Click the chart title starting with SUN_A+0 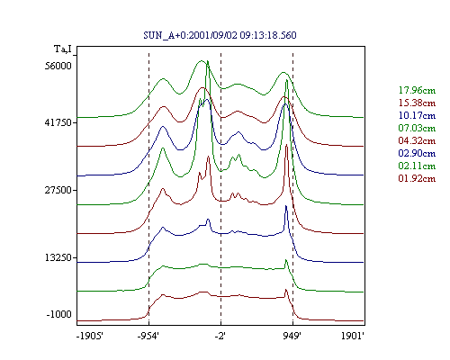click(220, 35)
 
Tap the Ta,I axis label click(63, 49)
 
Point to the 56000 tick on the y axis click(58, 66)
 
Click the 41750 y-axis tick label click(58, 122)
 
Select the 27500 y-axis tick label click(58, 190)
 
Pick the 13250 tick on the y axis click(58, 257)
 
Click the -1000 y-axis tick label click(59, 314)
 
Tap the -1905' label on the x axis click(90, 337)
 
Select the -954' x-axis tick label click(148, 337)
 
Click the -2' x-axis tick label click(220, 337)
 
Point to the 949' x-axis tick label click(292, 337)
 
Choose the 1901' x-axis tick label click(353, 337)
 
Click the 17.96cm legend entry click(417, 90)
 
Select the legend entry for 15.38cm click(417, 103)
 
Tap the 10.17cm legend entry click(417, 115)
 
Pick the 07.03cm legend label click(417, 128)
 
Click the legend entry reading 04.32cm click(417, 140)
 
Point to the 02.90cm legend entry click(417, 153)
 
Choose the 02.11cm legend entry click(417, 166)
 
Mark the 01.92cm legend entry click(417, 178)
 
